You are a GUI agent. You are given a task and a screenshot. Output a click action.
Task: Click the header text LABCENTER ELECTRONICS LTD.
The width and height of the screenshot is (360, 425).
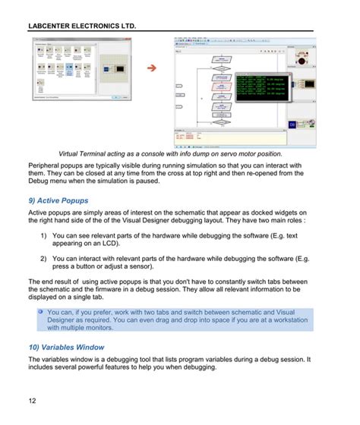click(x=82, y=26)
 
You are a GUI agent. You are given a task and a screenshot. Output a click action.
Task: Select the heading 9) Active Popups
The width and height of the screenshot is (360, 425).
click(x=58, y=200)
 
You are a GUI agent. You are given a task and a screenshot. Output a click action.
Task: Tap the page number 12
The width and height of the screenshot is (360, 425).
click(x=33, y=400)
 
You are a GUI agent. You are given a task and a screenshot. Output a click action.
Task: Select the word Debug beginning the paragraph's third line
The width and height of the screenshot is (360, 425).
click(x=41, y=183)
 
